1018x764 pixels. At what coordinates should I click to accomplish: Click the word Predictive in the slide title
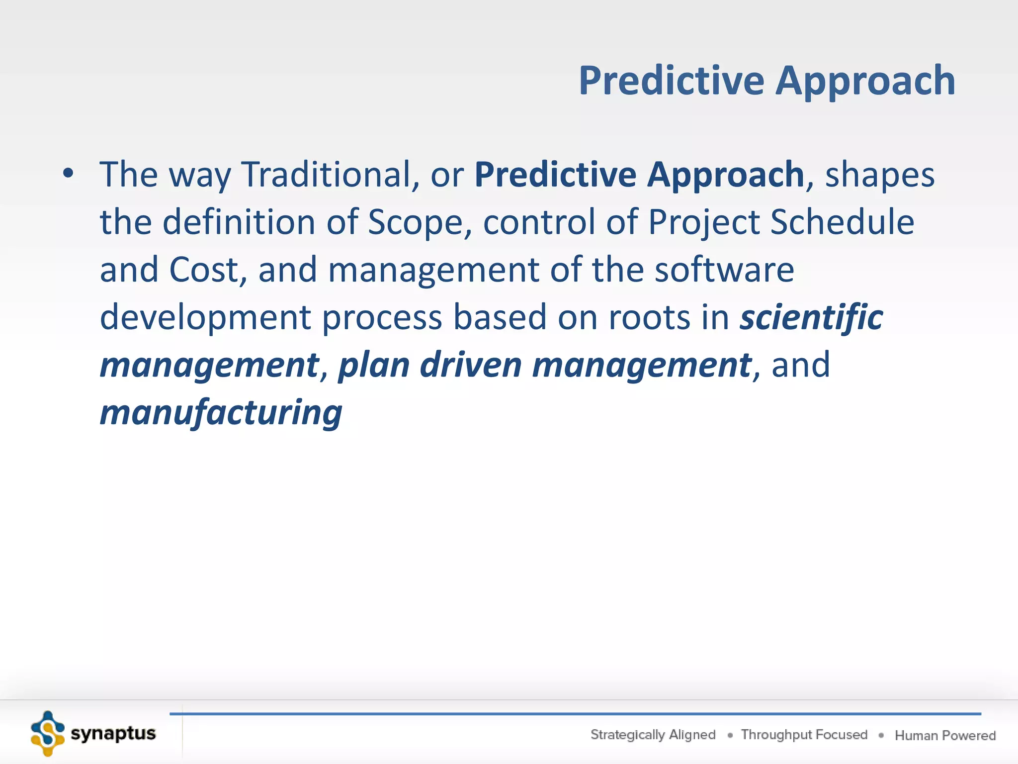tap(672, 81)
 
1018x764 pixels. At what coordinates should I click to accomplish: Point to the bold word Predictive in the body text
tap(555, 175)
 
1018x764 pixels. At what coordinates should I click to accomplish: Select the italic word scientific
tap(811, 317)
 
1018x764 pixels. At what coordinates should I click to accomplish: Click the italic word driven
tap(471, 365)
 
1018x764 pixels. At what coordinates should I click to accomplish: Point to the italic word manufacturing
tap(221, 413)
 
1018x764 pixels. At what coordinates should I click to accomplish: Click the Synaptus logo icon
tap(48, 734)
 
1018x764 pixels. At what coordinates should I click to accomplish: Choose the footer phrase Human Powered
tap(945, 735)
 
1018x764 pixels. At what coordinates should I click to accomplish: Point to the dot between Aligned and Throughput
tap(730, 736)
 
